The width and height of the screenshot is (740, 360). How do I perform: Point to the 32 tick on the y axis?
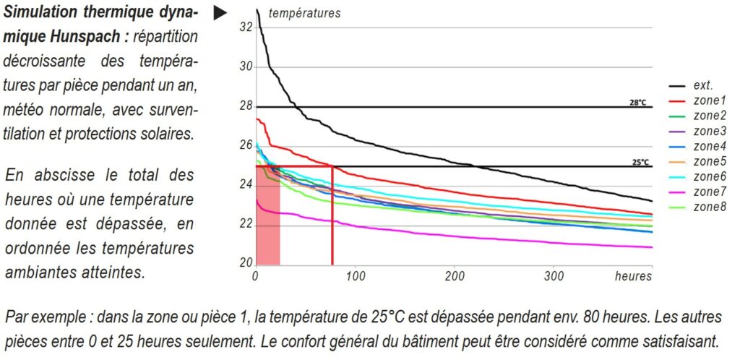(x=245, y=27)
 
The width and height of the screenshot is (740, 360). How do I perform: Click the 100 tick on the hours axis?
(x=355, y=276)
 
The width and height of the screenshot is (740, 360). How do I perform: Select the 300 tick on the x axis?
(x=554, y=276)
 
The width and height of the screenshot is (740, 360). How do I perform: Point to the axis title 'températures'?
(x=304, y=13)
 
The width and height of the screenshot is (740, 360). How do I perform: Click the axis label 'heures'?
(x=634, y=276)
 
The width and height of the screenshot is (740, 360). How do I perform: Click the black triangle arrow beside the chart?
(x=220, y=14)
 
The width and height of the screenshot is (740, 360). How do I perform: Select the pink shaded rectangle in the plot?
(x=268, y=217)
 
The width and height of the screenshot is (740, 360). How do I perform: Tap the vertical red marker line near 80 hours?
(x=332, y=217)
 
